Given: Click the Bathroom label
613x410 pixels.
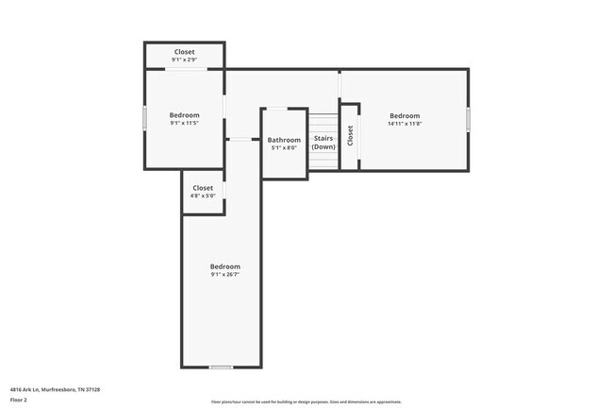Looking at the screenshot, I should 284,140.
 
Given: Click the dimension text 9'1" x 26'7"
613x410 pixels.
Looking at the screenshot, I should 224,274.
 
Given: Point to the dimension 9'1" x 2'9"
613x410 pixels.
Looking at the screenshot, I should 184,60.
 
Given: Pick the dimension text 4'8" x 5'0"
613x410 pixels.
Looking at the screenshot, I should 203,196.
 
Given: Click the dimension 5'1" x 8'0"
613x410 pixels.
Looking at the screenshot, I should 284,147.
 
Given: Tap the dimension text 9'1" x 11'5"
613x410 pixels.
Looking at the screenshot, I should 184,123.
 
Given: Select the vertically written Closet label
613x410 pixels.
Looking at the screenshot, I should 350,136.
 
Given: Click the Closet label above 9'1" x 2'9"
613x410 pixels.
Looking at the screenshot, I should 184,52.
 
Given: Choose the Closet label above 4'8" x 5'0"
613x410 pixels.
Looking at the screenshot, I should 203,188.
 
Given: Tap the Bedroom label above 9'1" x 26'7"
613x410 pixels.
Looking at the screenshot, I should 224,266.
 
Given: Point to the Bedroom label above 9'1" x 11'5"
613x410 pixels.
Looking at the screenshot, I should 184,115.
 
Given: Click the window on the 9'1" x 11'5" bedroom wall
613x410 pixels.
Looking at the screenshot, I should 144,119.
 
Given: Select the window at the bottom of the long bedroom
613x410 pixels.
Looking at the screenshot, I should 221,367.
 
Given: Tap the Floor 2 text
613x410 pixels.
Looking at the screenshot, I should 20,400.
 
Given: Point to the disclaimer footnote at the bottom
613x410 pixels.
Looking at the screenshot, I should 306,401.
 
